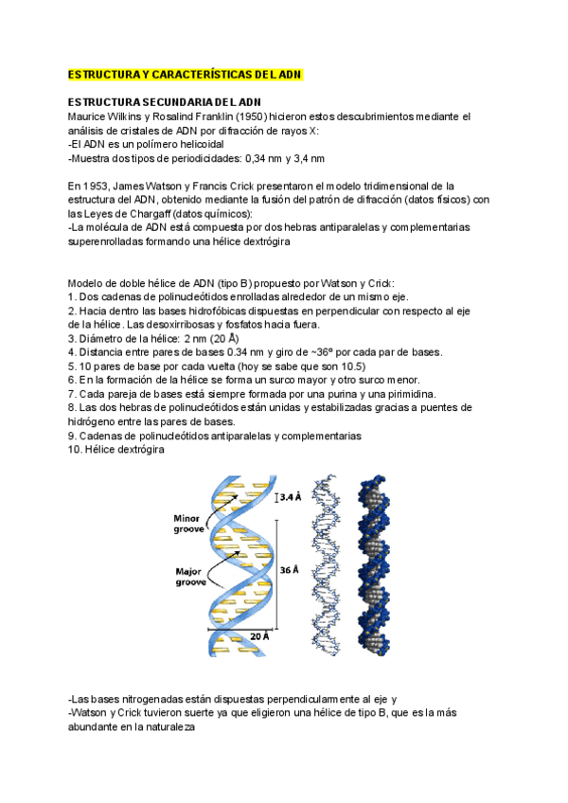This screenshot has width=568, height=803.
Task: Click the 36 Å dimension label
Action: pyautogui.click(x=290, y=569)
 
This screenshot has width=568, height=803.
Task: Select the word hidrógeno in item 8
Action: pyautogui.click(x=95, y=421)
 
